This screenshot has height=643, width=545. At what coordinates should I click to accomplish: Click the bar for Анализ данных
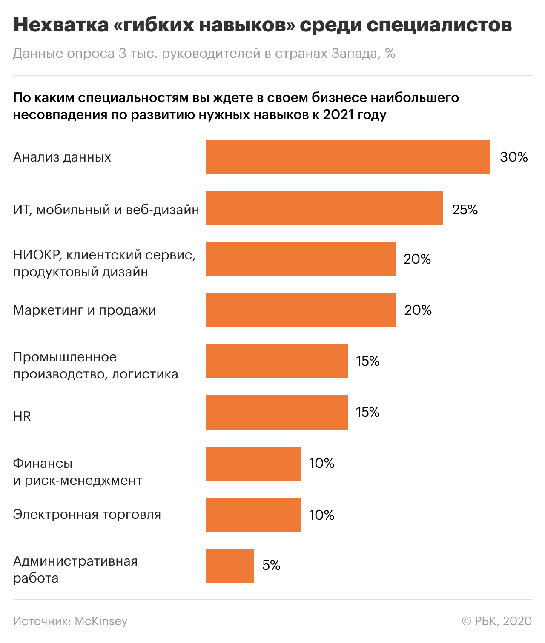348,157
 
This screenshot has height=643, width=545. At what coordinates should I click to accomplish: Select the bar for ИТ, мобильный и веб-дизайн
324,208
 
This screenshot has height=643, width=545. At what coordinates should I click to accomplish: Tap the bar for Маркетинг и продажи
301,310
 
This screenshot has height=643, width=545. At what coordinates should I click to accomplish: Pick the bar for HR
277,413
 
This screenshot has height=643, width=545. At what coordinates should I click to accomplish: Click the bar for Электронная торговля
253,515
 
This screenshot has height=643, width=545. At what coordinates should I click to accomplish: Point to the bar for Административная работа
229,566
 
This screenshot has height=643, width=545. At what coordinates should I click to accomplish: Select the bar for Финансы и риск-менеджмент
253,464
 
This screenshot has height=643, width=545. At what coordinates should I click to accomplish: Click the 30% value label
513,157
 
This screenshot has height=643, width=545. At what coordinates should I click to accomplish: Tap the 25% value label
465,210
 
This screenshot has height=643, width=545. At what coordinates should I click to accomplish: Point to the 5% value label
271,566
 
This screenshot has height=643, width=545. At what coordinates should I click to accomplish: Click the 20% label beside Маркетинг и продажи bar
418,310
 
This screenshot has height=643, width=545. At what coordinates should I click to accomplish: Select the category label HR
22,416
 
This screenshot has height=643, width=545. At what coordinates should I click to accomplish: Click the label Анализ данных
62,157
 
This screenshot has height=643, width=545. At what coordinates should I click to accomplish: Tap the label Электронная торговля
87,515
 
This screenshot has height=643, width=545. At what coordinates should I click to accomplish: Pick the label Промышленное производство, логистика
95,366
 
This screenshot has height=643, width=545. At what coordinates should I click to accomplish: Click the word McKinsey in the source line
101,621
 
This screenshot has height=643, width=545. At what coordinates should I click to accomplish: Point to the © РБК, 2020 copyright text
496,621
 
